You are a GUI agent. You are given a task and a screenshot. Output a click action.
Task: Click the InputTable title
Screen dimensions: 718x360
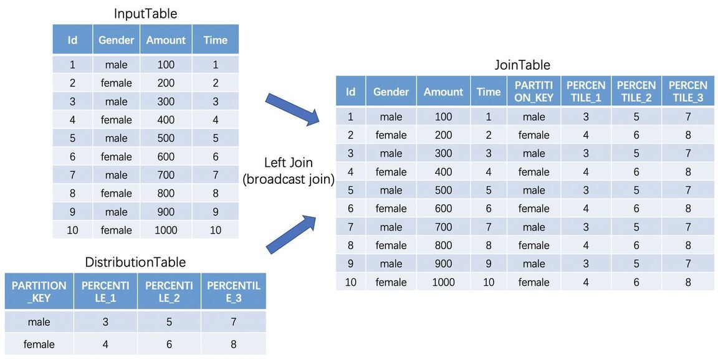click(145, 14)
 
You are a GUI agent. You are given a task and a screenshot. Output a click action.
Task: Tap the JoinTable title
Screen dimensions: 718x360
click(522, 65)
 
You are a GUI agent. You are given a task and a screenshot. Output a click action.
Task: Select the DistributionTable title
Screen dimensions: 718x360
click(135, 262)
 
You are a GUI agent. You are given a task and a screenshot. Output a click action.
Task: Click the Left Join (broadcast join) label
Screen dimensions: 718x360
click(289, 171)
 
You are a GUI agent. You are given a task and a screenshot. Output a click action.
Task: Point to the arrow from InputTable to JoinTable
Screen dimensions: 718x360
click(293, 109)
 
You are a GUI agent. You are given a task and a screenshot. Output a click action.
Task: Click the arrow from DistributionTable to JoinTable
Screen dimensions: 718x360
click(291, 234)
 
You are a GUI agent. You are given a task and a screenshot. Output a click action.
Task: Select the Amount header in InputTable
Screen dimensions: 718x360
click(166, 40)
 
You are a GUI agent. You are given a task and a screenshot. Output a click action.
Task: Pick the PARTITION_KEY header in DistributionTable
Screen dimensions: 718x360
click(39, 292)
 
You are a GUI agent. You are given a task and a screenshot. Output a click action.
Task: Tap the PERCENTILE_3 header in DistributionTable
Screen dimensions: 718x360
click(234, 292)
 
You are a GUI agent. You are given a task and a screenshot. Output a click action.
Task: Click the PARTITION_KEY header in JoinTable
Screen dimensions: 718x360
click(534, 92)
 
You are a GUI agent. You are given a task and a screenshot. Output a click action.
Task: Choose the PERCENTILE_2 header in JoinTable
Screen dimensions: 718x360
click(636, 92)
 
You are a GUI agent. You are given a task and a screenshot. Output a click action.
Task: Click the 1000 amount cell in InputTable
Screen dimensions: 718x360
click(166, 230)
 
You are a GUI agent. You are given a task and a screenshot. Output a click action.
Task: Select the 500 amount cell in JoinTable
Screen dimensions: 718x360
click(443, 191)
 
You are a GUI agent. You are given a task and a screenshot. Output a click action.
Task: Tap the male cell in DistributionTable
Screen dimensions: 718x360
click(39, 322)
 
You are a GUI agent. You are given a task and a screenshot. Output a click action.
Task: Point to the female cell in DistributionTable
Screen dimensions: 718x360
click(39, 344)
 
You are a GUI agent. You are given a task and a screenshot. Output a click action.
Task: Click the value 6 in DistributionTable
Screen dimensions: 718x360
click(169, 344)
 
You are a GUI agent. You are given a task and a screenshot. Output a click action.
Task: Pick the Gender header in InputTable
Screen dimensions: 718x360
click(117, 40)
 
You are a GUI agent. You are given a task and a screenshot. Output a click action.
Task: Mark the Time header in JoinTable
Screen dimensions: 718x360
click(488, 92)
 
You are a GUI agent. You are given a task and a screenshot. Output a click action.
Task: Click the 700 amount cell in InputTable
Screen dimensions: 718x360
click(166, 175)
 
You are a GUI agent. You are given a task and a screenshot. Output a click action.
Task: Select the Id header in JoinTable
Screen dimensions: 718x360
click(350, 92)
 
